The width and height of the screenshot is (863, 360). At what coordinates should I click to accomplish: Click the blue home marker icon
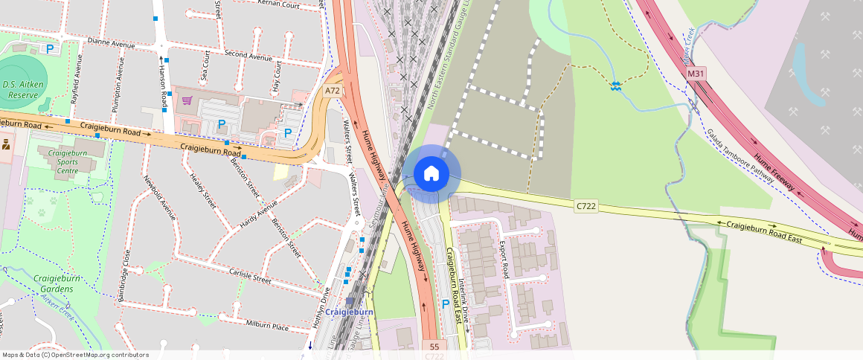431,174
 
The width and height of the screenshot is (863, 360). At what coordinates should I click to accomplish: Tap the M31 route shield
696,74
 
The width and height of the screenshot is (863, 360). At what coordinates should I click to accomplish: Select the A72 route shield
333,90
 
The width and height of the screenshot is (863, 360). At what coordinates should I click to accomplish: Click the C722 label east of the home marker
586,205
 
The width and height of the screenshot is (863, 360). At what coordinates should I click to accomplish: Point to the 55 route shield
434,346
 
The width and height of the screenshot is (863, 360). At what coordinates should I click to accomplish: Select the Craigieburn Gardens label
59,283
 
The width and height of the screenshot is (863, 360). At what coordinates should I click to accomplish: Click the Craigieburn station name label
349,312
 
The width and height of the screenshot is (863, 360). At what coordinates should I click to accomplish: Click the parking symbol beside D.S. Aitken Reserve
50,49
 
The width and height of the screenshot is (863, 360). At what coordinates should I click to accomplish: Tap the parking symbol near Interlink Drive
446,303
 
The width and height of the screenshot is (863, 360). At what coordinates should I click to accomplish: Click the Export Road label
504,255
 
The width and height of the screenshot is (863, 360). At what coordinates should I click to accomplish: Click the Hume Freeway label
774,172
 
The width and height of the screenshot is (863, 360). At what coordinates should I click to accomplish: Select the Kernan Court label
278,4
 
